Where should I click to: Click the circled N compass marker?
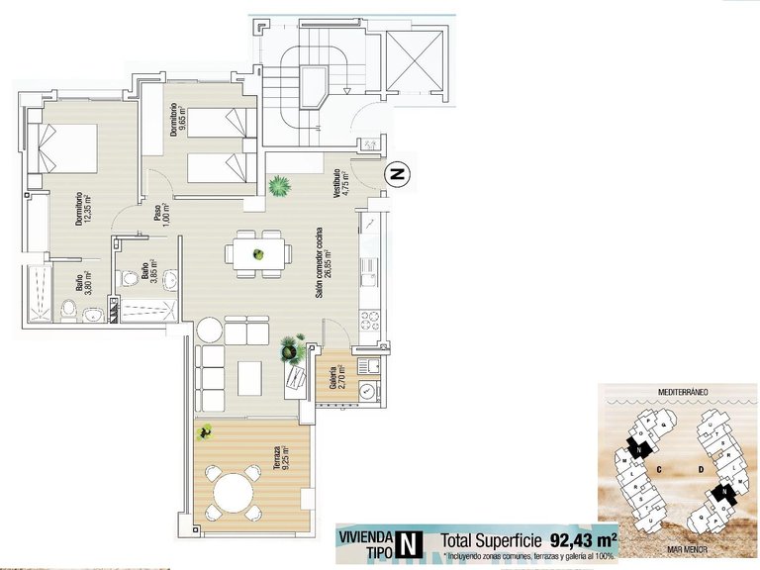[x=399, y=174]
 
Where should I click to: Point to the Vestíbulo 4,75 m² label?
[x=340, y=187]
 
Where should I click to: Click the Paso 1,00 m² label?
[x=160, y=218]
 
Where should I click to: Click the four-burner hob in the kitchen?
[x=370, y=320]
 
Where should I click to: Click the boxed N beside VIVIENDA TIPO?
[x=406, y=543]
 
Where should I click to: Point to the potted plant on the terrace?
[x=206, y=431]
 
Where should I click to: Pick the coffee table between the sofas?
[x=249, y=376]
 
